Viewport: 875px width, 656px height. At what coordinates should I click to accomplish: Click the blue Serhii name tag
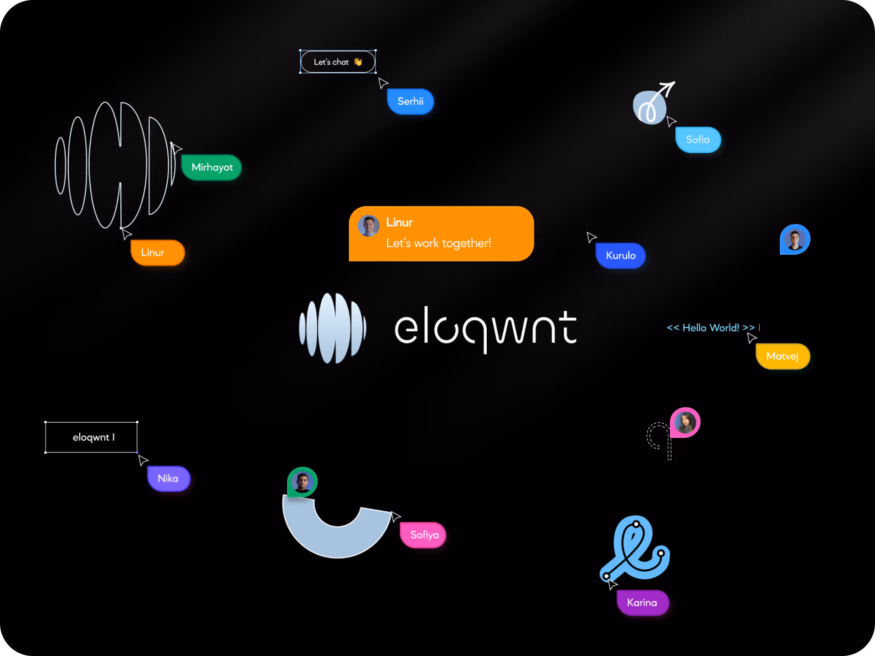pos(410,101)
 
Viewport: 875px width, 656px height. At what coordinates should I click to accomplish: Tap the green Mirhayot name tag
pos(211,167)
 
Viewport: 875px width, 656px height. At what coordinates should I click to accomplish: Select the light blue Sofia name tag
pos(698,139)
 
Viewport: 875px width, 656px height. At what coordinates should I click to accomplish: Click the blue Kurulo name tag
pos(620,256)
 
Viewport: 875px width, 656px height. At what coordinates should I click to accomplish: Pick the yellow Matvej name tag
pos(782,356)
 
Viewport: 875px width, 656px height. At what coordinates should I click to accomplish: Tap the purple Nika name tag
pos(168,478)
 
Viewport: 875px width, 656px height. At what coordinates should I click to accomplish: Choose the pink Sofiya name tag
pos(423,535)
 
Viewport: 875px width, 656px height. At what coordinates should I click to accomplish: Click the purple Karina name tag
pos(643,603)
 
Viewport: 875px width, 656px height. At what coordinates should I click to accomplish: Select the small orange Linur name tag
pos(157,252)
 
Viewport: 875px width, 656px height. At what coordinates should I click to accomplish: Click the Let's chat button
pos(338,61)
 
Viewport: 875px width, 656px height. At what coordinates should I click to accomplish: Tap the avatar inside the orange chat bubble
pos(369,226)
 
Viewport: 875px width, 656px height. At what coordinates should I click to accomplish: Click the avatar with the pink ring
pos(685,422)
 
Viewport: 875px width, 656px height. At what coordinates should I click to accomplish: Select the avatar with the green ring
pos(302,482)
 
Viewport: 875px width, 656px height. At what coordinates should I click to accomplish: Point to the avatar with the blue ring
pos(795,240)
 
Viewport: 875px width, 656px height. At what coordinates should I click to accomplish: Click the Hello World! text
pos(710,328)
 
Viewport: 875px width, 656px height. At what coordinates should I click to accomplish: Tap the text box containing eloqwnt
pos(91,437)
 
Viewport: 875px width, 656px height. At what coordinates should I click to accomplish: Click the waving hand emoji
pos(358,61)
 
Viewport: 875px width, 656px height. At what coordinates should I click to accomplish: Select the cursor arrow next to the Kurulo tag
pos(591,237)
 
